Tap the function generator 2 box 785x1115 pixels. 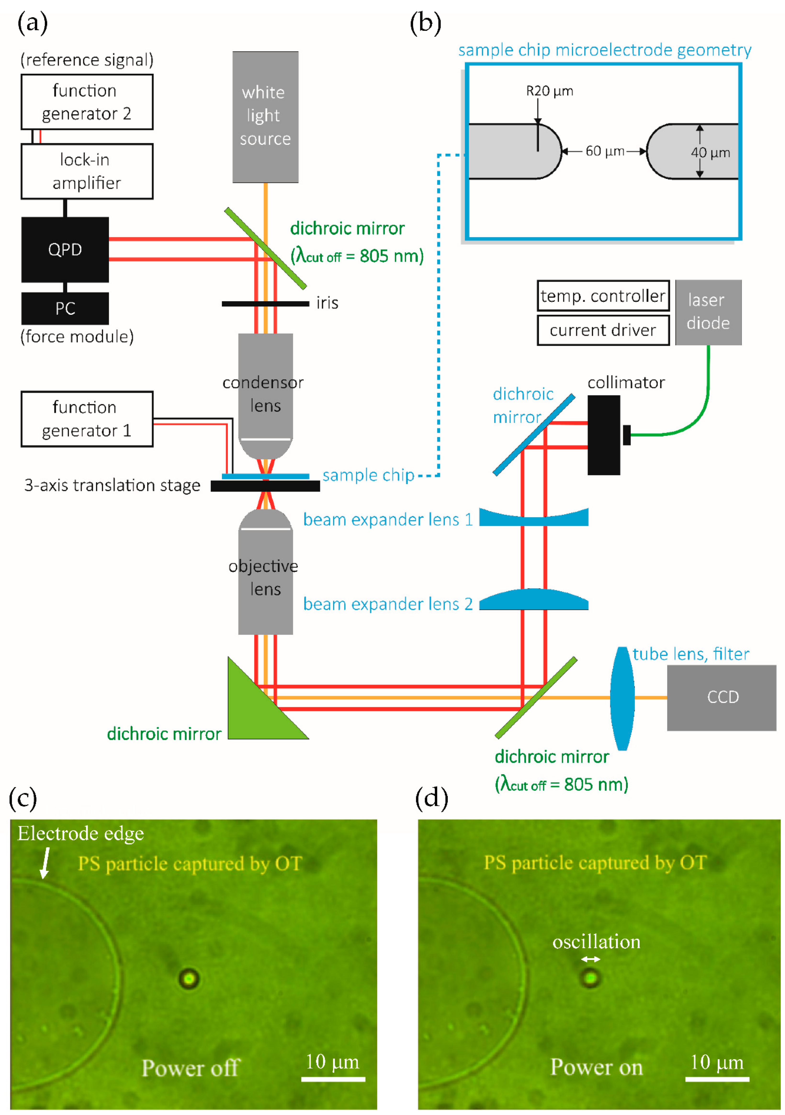tap(87, 102)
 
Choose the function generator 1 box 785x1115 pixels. tap(87, 419)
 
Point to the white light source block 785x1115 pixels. tap(265, 117)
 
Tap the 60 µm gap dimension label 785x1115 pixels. tap(604, 151)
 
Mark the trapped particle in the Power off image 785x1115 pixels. tap(189, 978)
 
